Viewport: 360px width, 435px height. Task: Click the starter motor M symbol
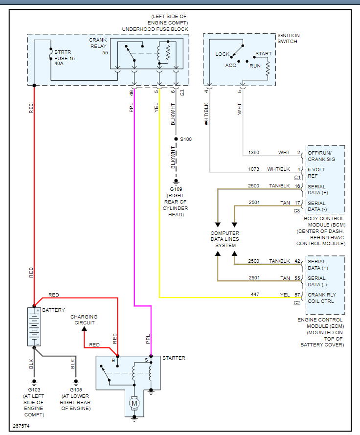[134, 403]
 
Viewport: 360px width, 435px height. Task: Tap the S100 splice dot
[177, 139]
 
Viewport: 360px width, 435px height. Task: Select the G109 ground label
[176, 188]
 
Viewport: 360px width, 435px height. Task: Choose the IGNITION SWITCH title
[289, 38]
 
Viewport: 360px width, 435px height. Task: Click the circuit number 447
[254, 295]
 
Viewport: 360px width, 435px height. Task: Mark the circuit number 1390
[254, 153]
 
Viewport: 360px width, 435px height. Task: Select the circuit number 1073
[254, 169]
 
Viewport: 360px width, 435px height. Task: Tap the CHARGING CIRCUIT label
[84, 320]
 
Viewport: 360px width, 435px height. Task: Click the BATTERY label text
[53, 310]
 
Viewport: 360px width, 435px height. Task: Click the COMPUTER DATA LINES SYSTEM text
[225, 239]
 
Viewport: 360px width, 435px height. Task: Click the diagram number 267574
[21, 427]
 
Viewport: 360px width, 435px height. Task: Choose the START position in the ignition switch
[263, 53]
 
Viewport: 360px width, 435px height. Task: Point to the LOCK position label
[223, 54]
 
